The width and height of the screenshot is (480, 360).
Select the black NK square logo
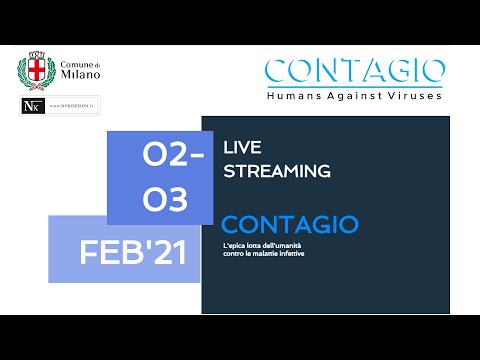coord(31,105)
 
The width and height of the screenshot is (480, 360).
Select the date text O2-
coord(173,157)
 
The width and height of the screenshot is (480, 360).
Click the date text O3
coord(166,200)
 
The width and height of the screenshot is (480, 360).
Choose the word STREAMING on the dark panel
coord(276,171)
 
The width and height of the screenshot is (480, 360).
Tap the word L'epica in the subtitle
coord(236,246)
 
